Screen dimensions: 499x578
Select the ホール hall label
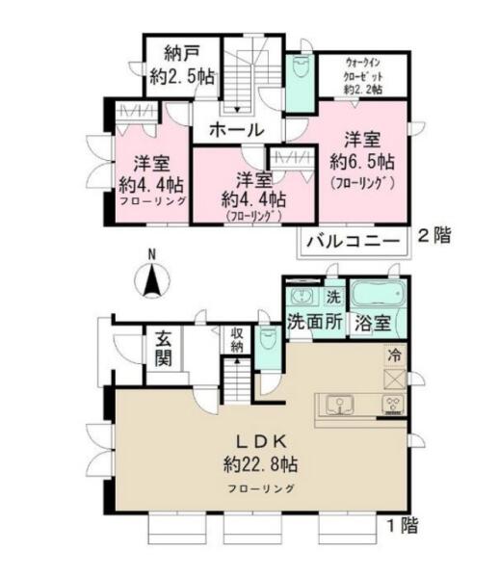(x=237, y=130)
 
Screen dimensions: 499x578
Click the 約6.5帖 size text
(x=362, y=162)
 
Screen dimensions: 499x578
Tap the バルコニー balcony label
(x=354, y=242)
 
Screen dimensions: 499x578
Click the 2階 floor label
(x=433, y=236)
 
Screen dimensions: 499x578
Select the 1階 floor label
(x=402, y=526)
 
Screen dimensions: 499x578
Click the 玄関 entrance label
(x=163, y=349)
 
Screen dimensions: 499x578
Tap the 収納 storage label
(x=237, y=340)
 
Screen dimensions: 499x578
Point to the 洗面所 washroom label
(x=315, y=322)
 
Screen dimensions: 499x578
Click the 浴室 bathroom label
(x=372, y=324)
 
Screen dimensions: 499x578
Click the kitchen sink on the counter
(x=339, y=405)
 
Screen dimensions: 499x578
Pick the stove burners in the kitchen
(x=393, y=403)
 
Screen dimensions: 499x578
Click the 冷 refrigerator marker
(x=394, y=355)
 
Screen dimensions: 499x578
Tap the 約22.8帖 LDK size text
(x=260, y=464)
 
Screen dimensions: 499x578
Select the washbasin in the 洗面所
(x=302, y=296)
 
